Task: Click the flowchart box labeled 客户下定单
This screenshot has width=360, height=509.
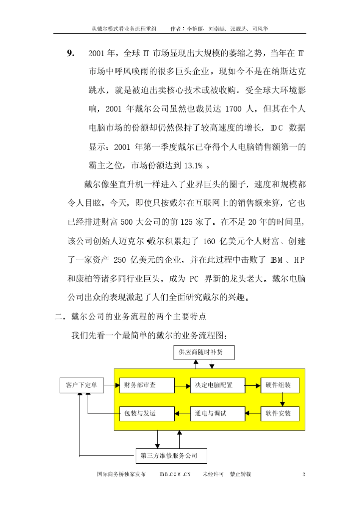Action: pos(81,385)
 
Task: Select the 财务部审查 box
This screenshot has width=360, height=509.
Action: pos(147,385)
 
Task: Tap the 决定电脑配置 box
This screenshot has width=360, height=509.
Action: pos(217,385)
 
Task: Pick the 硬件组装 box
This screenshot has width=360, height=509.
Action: pos(280,385)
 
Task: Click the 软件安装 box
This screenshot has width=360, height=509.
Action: pos(280,413)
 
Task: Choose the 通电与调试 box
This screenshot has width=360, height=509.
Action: pos(217,413)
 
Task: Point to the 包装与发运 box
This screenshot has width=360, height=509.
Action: pos(147,413)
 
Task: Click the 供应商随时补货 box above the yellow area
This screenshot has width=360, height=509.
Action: pos(203,352)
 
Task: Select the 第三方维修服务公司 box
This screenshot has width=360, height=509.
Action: pos(171,456)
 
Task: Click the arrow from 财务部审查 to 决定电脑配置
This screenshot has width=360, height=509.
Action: pos(182,386)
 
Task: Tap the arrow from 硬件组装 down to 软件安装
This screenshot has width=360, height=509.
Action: pos(282,399)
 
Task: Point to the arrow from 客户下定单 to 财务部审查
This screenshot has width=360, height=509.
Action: pos(111,385)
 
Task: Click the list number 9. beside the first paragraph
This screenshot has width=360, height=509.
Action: pos(70,53)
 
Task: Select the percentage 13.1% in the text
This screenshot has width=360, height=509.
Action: pos(193,166)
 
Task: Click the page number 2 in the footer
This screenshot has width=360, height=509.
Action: pos(304,474)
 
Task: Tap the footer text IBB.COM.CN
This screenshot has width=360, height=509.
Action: pos(175,474)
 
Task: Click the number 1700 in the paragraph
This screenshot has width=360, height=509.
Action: pos(233,109)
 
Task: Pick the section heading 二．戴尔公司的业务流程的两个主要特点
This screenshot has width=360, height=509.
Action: pos(131,316)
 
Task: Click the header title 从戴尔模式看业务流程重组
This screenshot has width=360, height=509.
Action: pos(124,29)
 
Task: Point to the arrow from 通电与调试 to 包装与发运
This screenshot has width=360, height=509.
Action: pos(182,413)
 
